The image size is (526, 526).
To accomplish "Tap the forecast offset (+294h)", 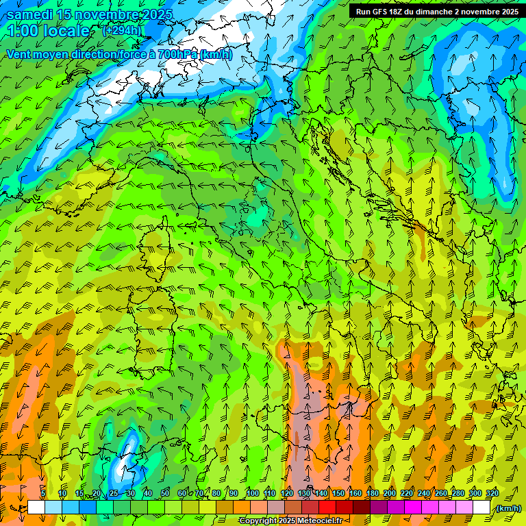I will click(122, 30).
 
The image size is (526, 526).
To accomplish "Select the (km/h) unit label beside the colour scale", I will click(508, 508).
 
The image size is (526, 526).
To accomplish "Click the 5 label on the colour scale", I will click(43, 493).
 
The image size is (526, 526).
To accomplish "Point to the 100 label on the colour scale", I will click(252, 493).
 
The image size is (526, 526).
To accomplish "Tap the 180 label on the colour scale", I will click(373, 493).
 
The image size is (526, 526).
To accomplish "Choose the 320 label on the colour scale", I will click(492, 493).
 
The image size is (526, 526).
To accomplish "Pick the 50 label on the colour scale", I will click(164, 493).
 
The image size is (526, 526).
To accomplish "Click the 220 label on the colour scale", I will click(407, 493).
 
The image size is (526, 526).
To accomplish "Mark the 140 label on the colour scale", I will click(321, 493).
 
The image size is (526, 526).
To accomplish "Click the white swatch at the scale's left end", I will click(36, 508).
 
